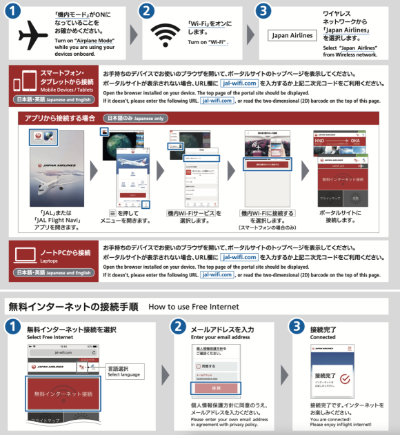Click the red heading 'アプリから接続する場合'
coord(60,118)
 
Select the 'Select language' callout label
coord(124,374)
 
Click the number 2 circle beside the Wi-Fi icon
coord(146,11)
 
